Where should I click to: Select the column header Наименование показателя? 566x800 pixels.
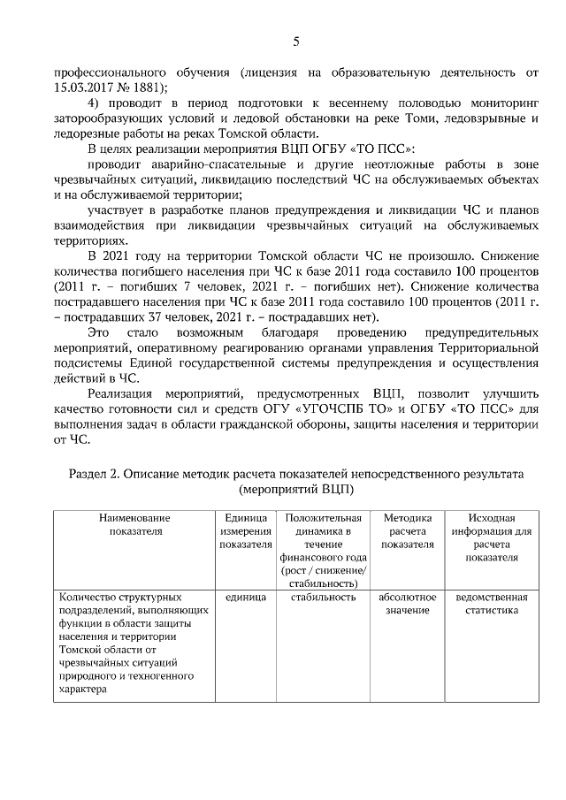click(134, 524)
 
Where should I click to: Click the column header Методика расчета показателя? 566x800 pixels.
click(407, 531)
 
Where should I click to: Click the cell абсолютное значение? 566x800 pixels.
click(407, 604)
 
